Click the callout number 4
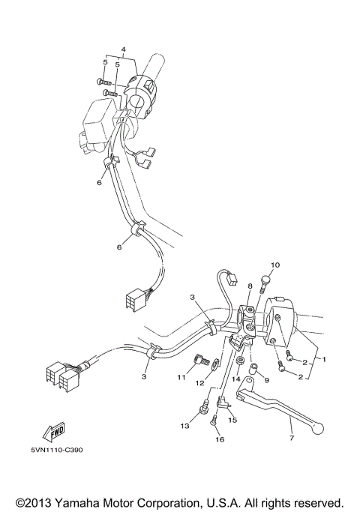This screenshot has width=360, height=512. click(x=124, y=50)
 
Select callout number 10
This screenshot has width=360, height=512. click(x=275, y=265)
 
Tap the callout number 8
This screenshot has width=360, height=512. click(x=250, y=298)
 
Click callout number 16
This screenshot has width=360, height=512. click(x=220, y=441)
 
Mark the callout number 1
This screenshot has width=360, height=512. click(x=325, y=359)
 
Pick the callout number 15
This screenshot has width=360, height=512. click(x=232, y=421)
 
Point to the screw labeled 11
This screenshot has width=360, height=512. click(x=199, y=361)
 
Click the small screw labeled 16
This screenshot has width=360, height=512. click(x=214, y=421)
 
